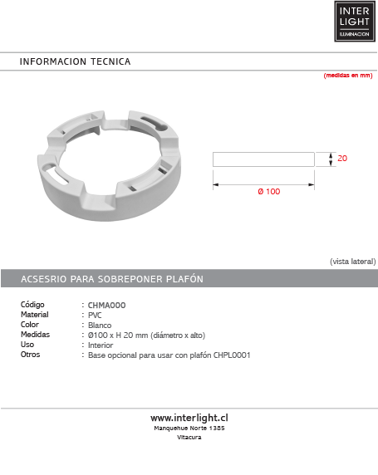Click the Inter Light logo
(x=356, y=21)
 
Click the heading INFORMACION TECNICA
(x=75, y=62)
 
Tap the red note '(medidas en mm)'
(x=347, y=76)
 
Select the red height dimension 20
(x=342, y=158)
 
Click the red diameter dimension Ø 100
(x=268, y=191)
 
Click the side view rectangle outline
(x=263, y=159)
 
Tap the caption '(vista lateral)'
(x=352, y=261)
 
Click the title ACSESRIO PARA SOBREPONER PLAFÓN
(x=111, y=279)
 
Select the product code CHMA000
(x=106, y=306)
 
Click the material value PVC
(x=95, y=316)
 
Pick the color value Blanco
(x=100, y=326)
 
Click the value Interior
(x=101, y=345)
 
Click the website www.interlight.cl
(x=189, y=418)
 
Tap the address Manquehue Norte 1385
(x=189, y=428)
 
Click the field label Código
(x=32, y=306)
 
